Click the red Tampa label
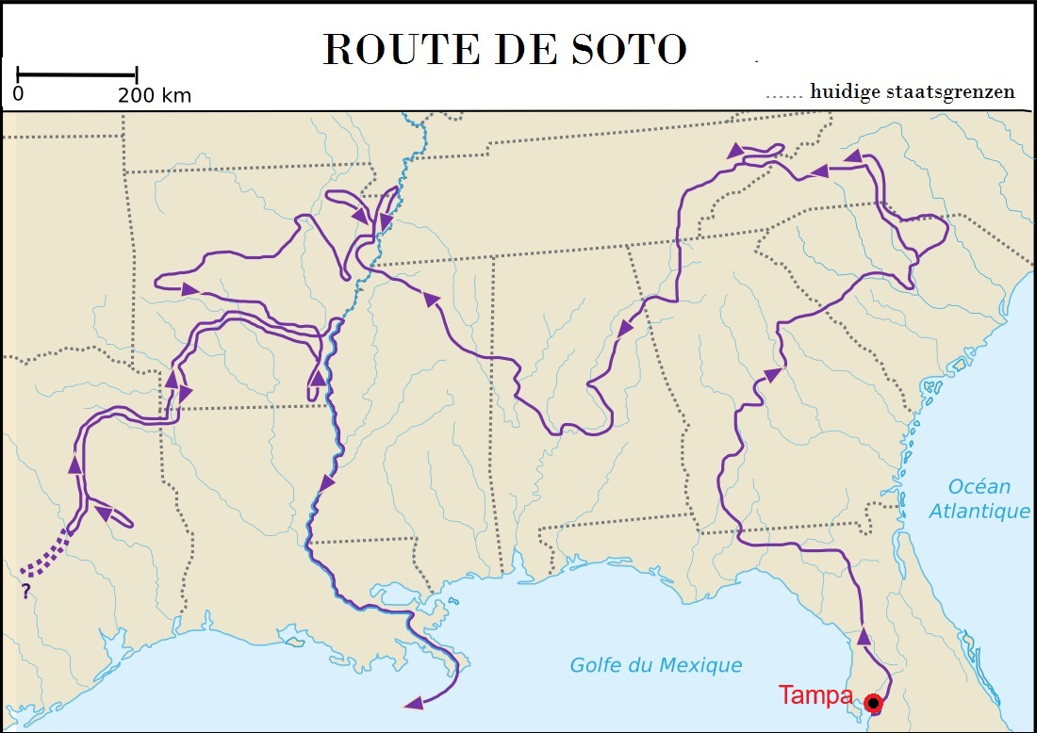click(x=815, y=696)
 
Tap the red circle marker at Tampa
click(x=874, y=702)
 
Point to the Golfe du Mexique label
click(x=656, y=665)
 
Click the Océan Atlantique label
click(x=979, y=499)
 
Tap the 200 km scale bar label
click(x=154, y=95)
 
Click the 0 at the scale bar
click(x=19, y=95)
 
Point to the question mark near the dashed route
click(x=25, y=592)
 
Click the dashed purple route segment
click(x=47, y=555)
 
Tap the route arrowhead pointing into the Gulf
click(x=412, y=703)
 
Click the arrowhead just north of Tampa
click(x=864, y=637)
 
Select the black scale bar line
click(x=77, y=73)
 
